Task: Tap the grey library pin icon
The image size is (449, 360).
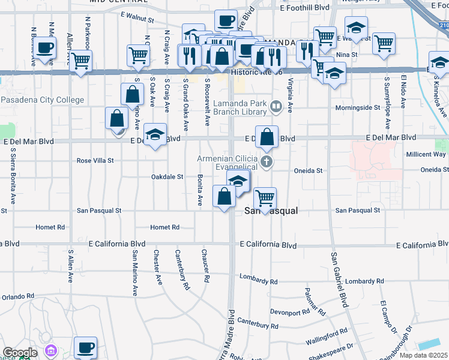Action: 276,107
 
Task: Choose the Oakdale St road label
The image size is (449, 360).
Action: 166,177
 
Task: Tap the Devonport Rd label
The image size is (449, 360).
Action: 289,312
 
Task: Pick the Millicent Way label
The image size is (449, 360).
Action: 426,154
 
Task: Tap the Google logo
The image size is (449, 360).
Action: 19,353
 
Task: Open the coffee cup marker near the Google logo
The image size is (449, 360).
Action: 85,347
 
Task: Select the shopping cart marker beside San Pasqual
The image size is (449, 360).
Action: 265,197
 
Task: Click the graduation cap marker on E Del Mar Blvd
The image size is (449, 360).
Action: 155,134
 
